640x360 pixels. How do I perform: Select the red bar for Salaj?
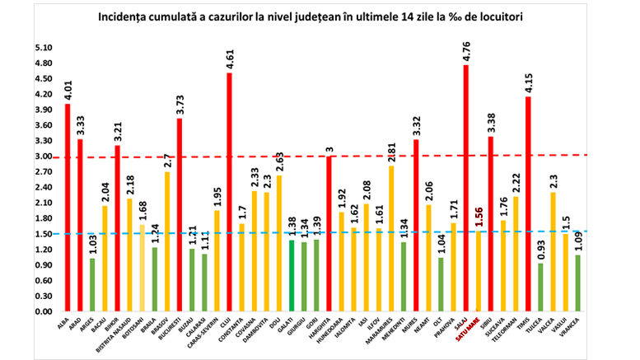465,189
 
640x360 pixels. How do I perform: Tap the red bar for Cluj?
229,193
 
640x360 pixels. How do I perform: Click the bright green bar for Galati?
292,276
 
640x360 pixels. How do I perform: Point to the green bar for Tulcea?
540,288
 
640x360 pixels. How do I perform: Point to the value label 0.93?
540,247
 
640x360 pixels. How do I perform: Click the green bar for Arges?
92,285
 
